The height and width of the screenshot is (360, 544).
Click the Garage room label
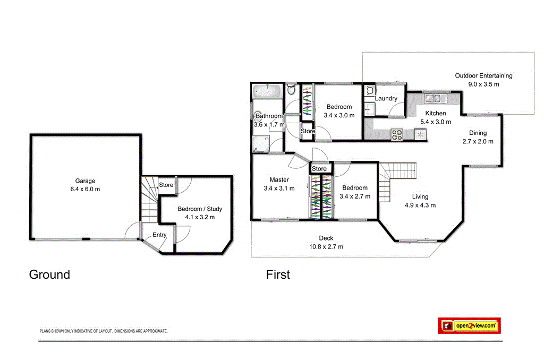85,181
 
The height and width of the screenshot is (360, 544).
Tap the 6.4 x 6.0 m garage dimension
85,189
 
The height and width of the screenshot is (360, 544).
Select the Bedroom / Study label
200,209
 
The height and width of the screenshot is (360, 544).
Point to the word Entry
159,235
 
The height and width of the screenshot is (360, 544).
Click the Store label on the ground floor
166,185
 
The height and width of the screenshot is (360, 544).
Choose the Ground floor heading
49,275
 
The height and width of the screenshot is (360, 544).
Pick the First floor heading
278,275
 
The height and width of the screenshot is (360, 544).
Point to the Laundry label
386,99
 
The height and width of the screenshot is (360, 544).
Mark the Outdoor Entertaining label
483,76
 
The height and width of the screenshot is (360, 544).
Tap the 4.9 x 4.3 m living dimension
420,205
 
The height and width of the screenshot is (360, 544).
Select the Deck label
326,238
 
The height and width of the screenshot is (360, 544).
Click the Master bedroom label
279,180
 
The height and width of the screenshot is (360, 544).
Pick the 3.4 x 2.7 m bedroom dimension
354,196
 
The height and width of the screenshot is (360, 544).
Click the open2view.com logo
470,325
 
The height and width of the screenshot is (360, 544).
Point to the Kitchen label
436,114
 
